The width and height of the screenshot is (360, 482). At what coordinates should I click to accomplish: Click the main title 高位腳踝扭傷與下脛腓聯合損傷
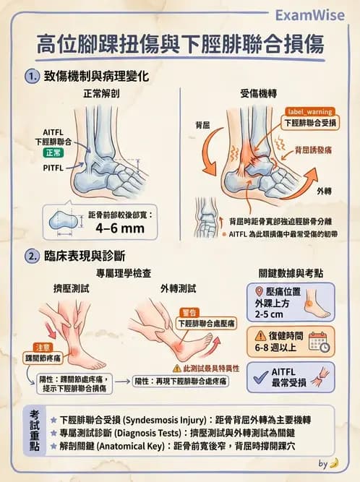(x=180, y=45)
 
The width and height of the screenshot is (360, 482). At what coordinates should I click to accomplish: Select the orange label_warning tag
(x=309, y=111)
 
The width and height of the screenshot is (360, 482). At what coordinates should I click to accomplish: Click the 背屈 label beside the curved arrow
(x=202, y=125)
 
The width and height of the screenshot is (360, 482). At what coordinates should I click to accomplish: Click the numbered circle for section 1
(x=31, y=75)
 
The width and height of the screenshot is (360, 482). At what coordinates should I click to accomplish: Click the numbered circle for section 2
(x=31, y=256)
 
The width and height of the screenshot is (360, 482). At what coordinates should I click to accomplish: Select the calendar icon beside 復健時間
(x=319, y=341)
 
